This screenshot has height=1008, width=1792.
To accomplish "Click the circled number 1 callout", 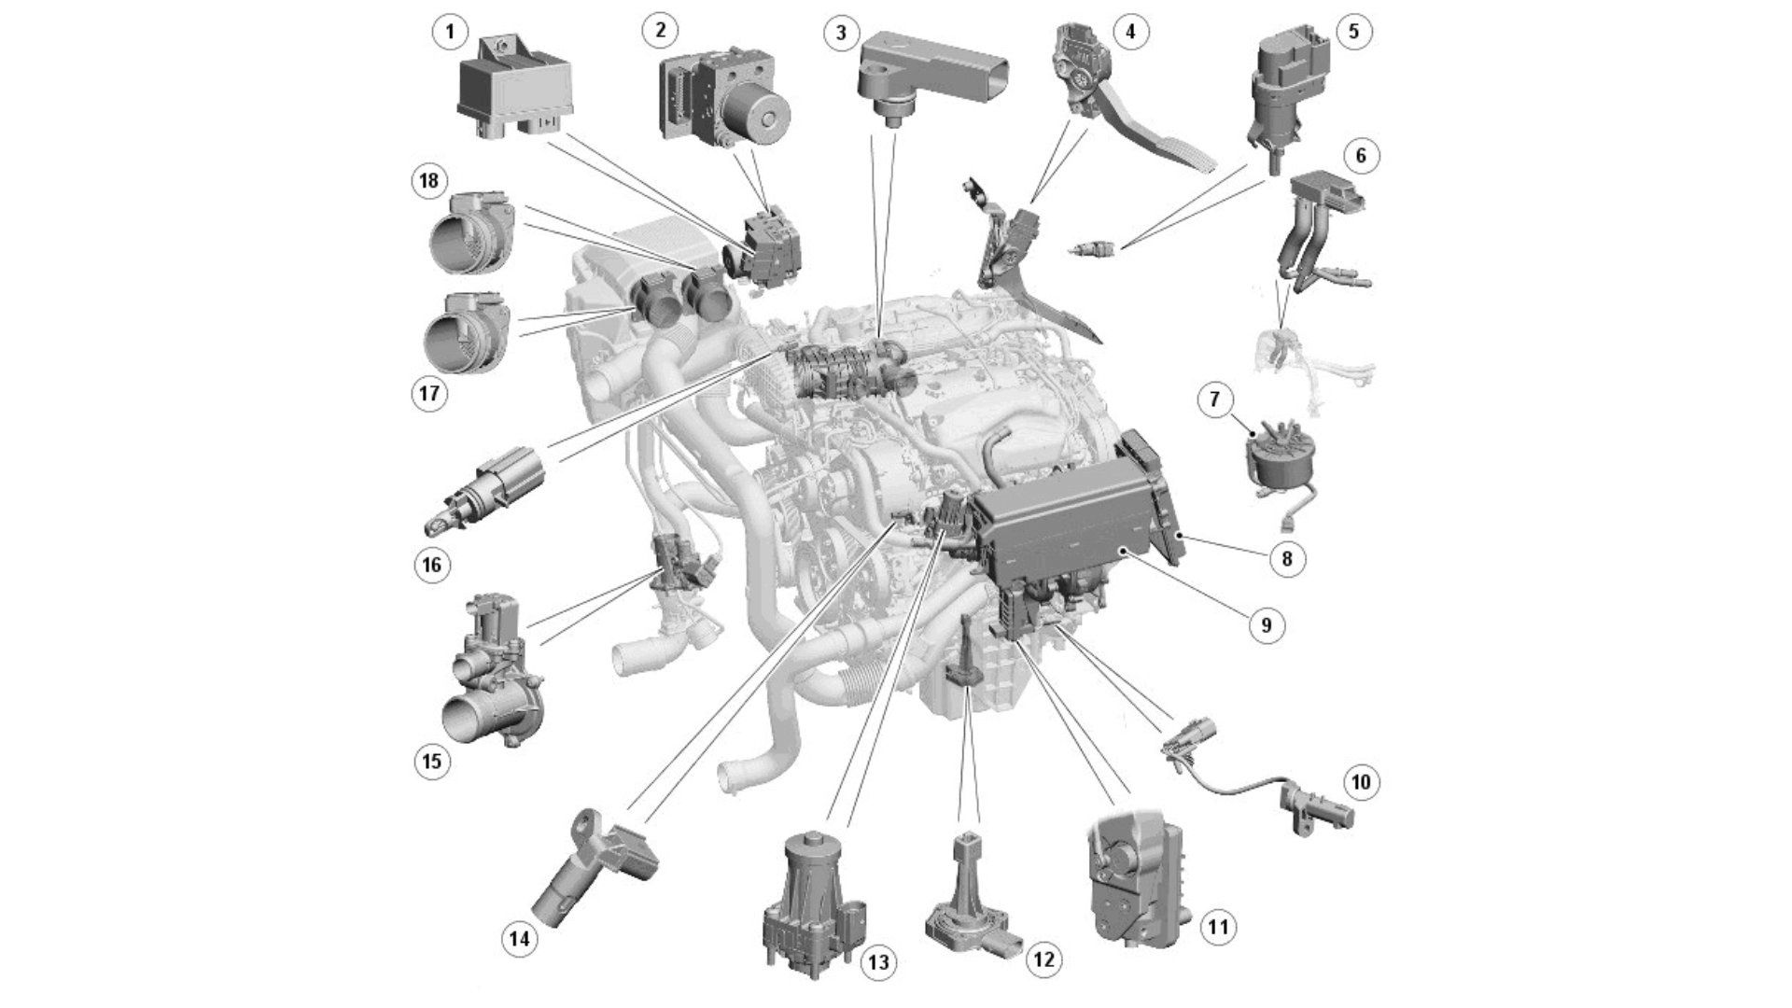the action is tap(450, 33).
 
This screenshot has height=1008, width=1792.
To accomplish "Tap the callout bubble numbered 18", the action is tap(429, 180).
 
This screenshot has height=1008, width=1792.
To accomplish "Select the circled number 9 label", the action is tap(1266, 624).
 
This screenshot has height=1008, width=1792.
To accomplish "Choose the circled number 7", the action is tap(1214, 400).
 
